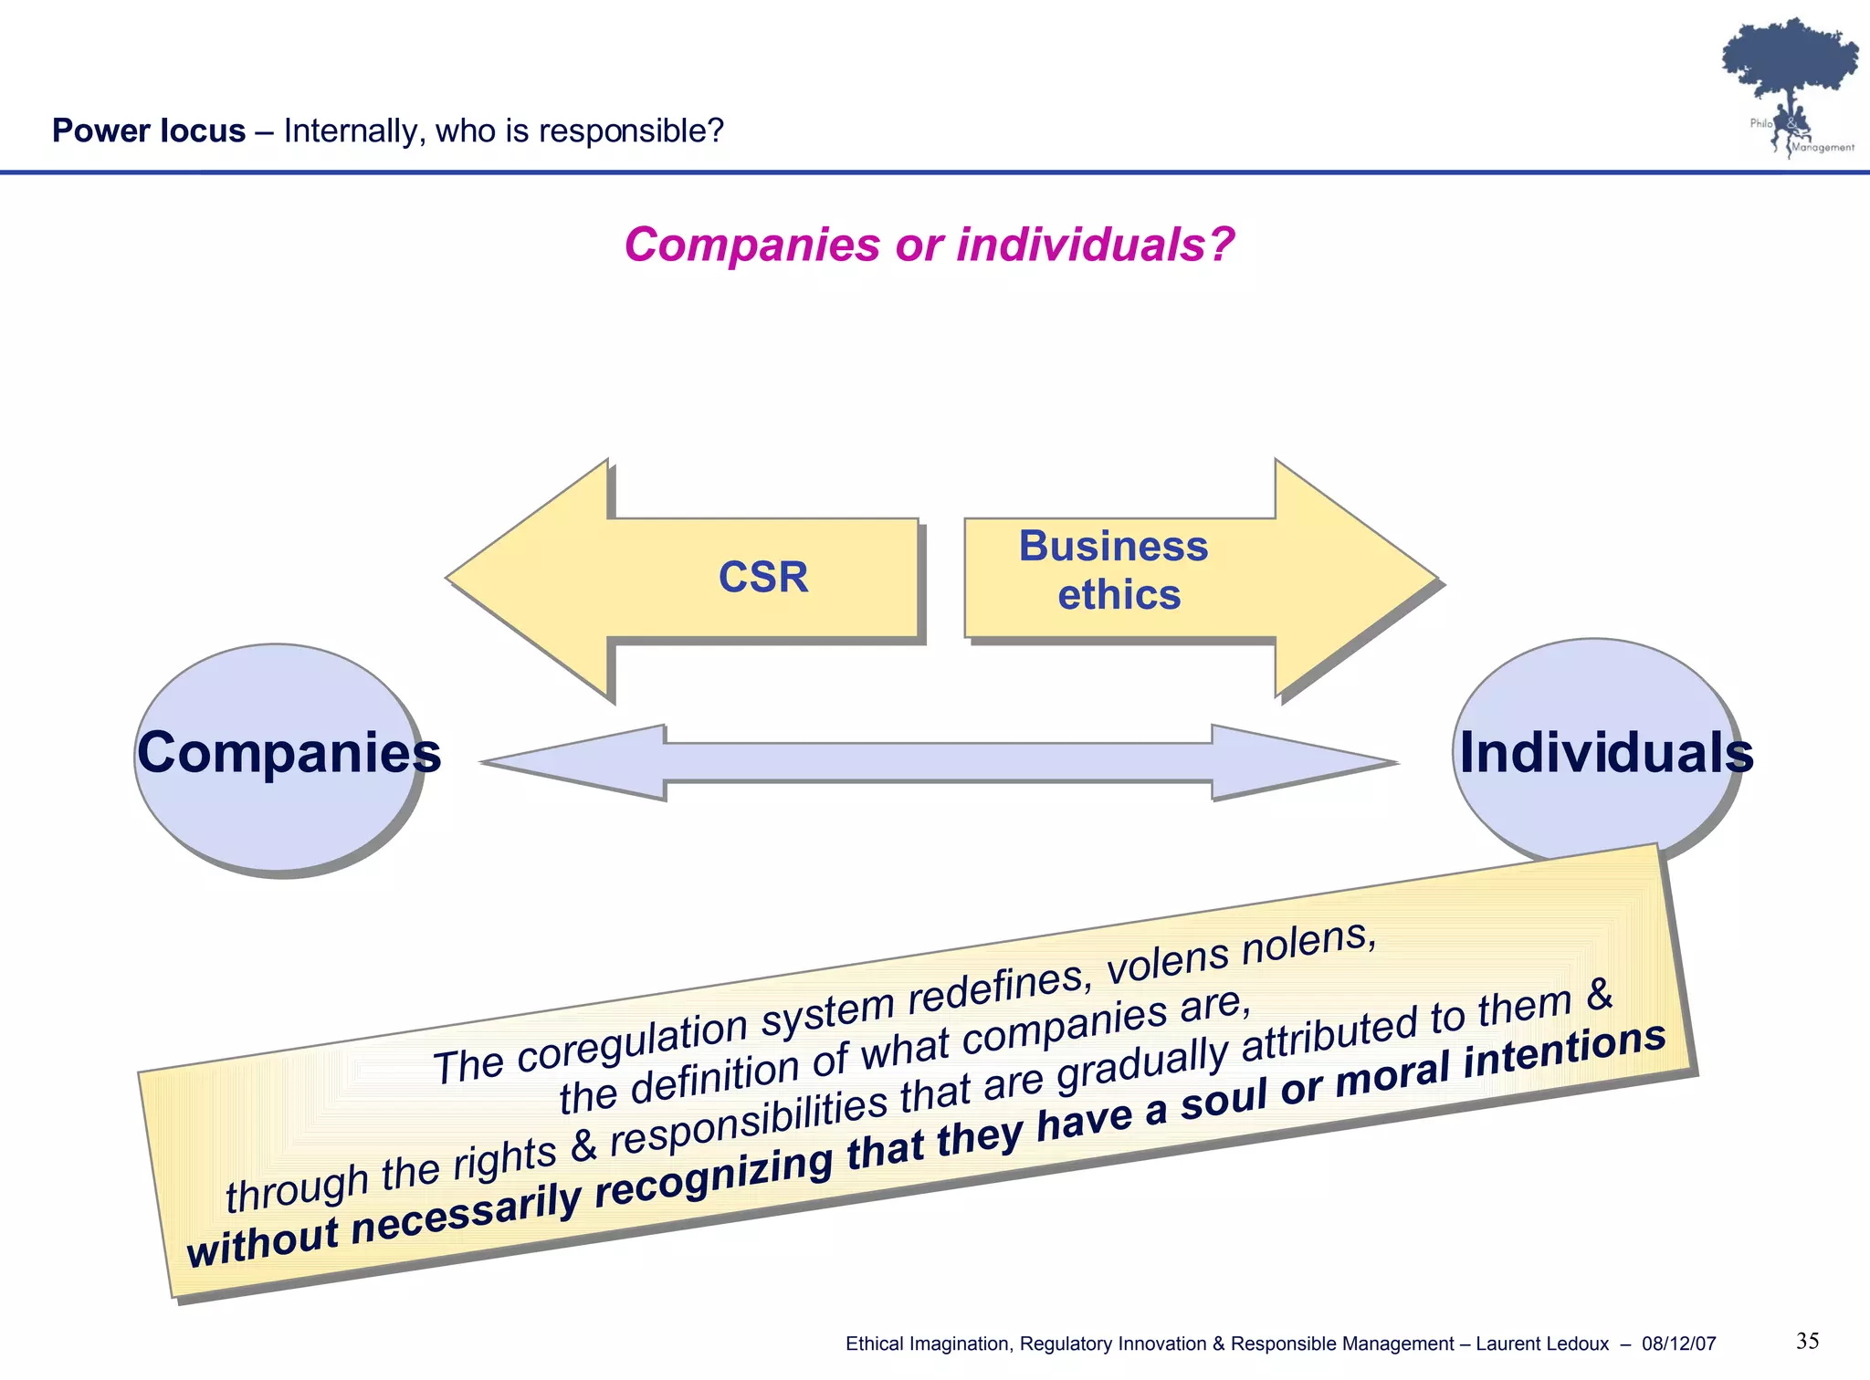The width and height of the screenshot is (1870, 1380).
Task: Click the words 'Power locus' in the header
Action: [x=149, y=131]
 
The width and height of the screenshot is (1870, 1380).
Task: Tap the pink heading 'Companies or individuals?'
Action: [x=929, y=245]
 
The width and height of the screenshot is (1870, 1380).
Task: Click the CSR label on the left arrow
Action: [x=763, y=577]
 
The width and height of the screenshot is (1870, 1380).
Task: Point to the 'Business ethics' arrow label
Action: [x=1115, y=570]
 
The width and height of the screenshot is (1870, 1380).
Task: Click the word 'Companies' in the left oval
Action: [x=289, y=753]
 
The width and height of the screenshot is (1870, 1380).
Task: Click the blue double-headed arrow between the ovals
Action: [x=939, y=762]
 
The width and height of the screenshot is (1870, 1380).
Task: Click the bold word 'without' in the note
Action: [x=263, y=1240]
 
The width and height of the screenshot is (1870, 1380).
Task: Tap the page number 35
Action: [x=1807, y=1341]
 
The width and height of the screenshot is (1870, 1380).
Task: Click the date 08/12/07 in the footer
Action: [x=1678, y=1343]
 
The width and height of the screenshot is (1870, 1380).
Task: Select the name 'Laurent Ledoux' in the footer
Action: [x=1542, y=1343]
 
